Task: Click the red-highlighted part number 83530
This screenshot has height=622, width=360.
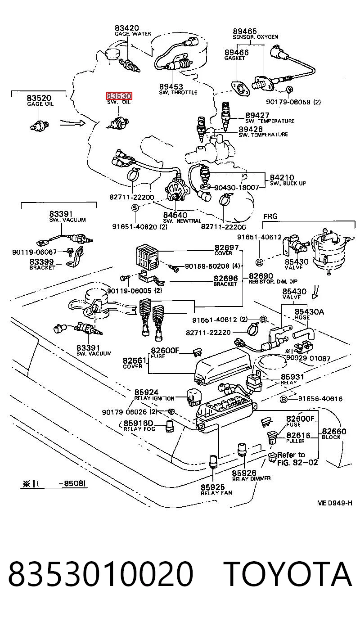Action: (x=119, y=96)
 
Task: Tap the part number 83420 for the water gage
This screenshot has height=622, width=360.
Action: (x=126, y=28)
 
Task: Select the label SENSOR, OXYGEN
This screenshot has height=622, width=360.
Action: (x=255, y=37)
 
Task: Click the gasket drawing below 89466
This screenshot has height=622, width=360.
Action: (x=240, y=89)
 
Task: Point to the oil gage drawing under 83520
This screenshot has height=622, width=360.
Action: (x=40, y=125)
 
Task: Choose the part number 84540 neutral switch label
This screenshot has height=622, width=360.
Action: (x=175, y=215)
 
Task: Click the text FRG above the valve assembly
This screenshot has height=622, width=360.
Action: (x=270, y=216)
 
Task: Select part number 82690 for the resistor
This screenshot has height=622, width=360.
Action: (x=261, y=276)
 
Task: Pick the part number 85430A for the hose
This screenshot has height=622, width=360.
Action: (x=309, y=311)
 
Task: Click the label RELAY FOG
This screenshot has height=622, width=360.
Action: (x=139, y=429)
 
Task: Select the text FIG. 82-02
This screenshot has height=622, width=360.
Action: (x=297, y=463)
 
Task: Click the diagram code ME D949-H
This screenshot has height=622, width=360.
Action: (x=335, y=503)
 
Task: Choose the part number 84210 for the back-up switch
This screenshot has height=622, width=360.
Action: (x=282, y=177)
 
